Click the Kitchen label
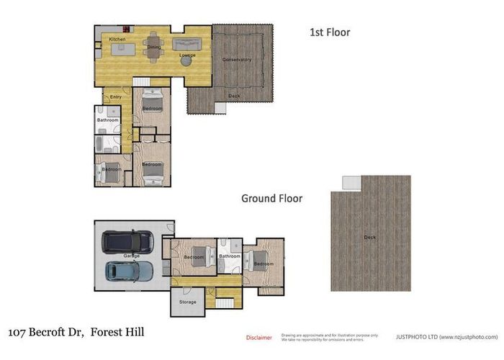pyautogui.click(x=117, y=39)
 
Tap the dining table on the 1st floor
pyautogui.click(x=153, y=46)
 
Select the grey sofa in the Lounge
pyautogui.click(x=189, y=44)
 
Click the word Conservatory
pyautogui.click(x=237, y=60)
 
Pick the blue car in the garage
pyautogui.click(x=130, y=271)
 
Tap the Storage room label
pyautogui.click(x=187, y=302)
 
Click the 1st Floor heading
pyautogui.click(x=329, y=32)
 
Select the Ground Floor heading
pyautogui.click(x=271, y=198)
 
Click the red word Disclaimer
pyautogui.click(x=259, y=337)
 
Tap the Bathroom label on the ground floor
pyautogui.click(x=230, y=256)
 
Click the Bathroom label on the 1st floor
pyautogui.click(x=108, y=120)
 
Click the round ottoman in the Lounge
pyautogui.click(x=186, y=62)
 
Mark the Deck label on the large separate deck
pyautogui.click(x=370, y=237)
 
